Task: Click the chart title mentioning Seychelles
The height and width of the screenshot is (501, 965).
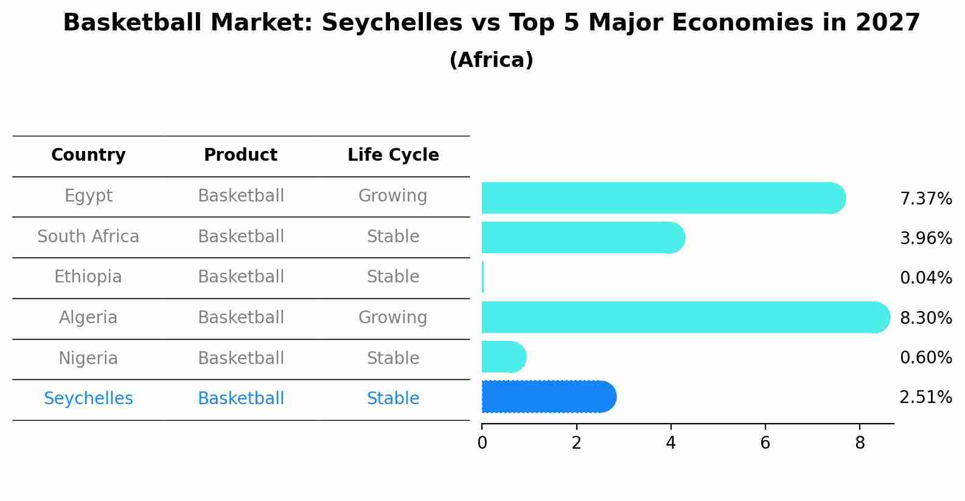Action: [x=491, y=23]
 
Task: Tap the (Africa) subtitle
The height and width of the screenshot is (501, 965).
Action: [x=491, y=60]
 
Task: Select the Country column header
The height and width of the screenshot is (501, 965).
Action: [x=88, y=155]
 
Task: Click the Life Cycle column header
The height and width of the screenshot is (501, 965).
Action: [x=393, y=155]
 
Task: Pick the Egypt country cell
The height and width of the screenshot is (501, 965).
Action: [x=88, y=196]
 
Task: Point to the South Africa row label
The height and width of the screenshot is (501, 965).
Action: [x=88, y=237]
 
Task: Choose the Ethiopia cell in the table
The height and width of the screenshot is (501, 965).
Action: [x=88, y=277]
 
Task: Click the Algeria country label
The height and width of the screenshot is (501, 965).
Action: [x=88, y=318]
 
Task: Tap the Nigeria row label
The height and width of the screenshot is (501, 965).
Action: [x=88, y=359]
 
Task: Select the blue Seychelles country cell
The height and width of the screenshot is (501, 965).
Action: [x=88, y=399]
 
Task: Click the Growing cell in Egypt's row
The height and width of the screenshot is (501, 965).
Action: [x=393, y=196]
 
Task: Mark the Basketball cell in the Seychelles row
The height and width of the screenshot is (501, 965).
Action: [x=241, y=399]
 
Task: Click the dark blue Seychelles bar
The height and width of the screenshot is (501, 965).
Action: [x=548, y=397]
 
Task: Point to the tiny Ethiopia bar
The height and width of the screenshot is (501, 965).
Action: [x=482, y=278]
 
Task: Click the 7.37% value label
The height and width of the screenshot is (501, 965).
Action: [x=925, y=199]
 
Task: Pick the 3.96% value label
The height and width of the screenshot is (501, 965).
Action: [x=925, y=239]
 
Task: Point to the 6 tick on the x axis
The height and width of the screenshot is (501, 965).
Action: [x=765, y=443]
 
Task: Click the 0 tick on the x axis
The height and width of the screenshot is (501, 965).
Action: [x=482, y=443]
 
